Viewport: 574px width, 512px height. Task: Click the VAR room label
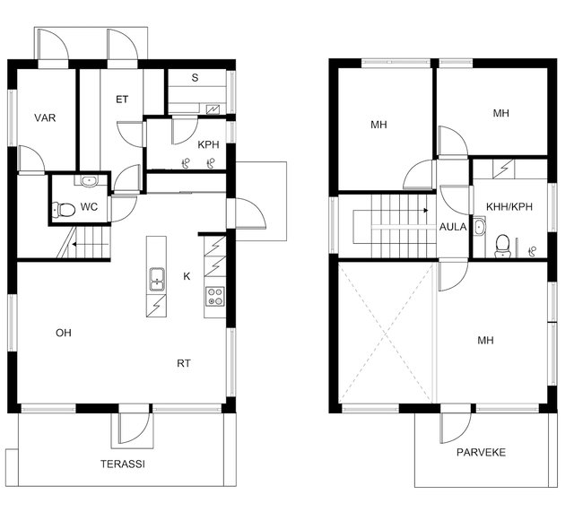coord(45,117)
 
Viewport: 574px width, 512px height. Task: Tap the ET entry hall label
coord(122,100)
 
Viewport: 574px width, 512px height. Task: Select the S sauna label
coord(195,78)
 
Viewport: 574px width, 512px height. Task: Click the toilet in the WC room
coord(64,210)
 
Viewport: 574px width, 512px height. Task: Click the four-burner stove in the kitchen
coord(215,296)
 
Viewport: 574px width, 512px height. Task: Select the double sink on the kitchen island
coord(157,279)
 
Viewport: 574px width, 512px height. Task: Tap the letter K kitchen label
coord(187,276)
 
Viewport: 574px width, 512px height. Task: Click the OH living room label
coord(64,333)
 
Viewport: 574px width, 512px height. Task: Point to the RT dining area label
coord(184,363)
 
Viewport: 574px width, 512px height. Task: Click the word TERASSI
coord(123,464)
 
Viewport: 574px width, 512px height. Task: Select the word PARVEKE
coord(481,452)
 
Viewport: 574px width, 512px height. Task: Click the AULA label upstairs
coord(453,227)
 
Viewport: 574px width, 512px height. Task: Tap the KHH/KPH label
coord(509,207)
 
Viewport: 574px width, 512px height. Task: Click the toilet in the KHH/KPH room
coord(502,246)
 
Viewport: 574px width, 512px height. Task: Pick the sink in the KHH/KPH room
coord(479,227)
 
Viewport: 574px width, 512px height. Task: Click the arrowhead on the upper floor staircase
coord(426,211)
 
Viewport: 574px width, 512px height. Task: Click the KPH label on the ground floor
coord(208,145)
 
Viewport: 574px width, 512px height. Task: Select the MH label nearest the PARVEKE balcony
coord(485,341)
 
